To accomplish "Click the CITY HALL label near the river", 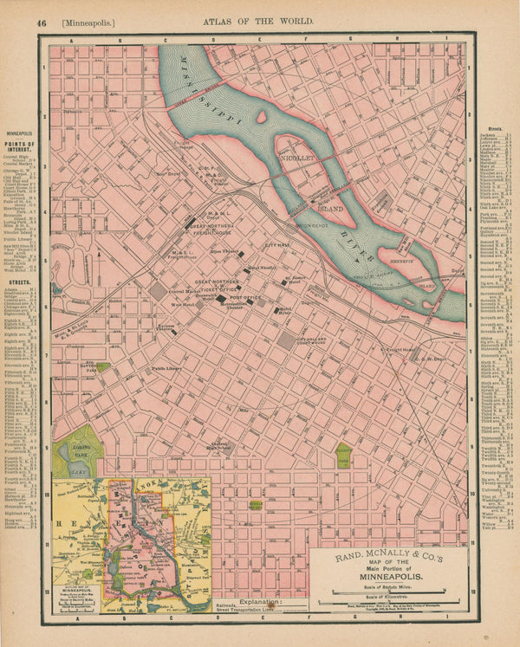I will (x=276, y=246).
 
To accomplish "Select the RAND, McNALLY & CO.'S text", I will (x=387, y=547).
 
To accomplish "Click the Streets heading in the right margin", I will (x=495, y=128).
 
